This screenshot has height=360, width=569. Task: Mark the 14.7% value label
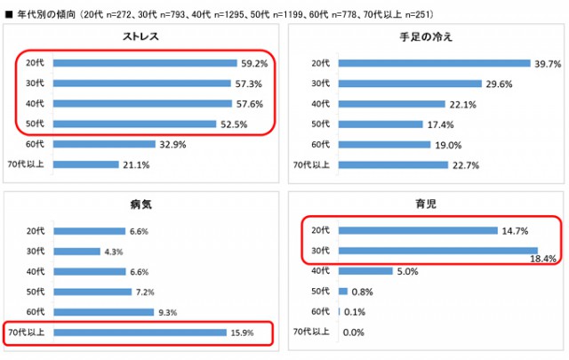(x=512, y=231)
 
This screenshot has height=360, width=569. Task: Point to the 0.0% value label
(x=354, y=332)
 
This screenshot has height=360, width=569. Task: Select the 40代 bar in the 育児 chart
(x=365, y=271)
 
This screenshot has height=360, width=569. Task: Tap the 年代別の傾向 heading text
(x=44, y=14)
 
